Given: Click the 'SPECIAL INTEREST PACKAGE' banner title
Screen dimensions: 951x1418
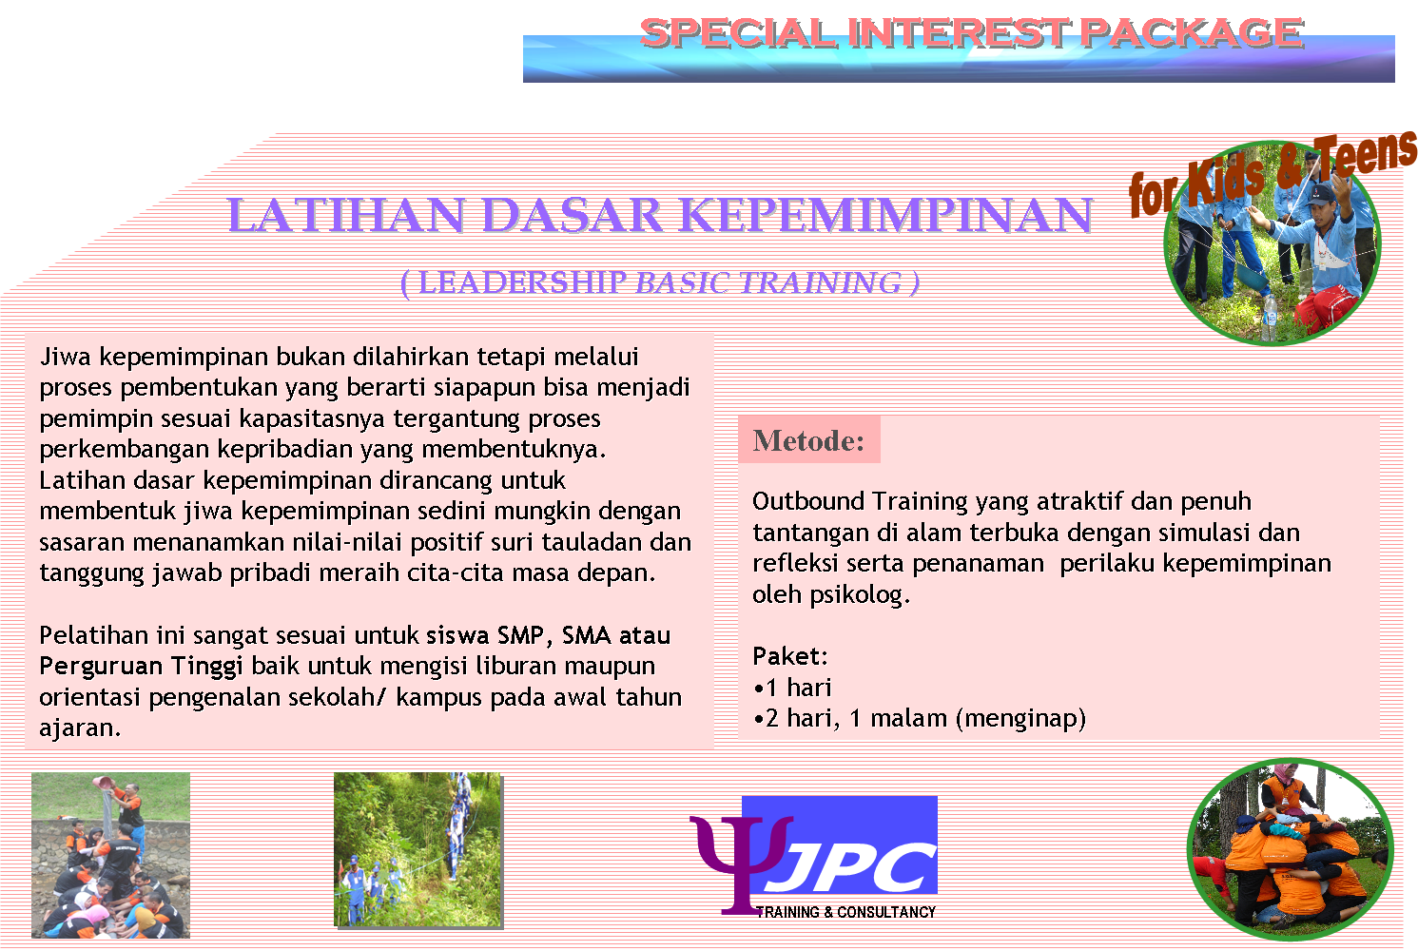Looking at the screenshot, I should (970, 33).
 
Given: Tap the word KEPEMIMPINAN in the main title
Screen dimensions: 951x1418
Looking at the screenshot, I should (887, 215).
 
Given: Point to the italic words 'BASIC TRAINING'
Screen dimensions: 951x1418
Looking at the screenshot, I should (768, 282).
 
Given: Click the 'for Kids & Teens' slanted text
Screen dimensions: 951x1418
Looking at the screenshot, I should (1272, 172).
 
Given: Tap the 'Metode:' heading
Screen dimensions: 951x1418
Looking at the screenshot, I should (808, 440).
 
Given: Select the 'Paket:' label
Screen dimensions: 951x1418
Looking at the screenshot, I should (790, 656).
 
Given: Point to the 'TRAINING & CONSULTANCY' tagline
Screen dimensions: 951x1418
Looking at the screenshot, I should (846, 912).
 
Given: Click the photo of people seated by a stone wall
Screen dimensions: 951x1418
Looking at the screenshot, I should (110, 855).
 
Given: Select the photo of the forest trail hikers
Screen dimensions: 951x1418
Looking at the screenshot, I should (418, 849).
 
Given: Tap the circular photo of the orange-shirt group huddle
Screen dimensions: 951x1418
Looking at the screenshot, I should (1290, 848).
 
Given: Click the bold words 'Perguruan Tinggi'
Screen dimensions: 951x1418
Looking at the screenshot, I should (141, 666).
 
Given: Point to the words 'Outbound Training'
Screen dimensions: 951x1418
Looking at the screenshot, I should (852, 501).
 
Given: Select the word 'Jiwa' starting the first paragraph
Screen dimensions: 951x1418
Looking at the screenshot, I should (66, 357).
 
